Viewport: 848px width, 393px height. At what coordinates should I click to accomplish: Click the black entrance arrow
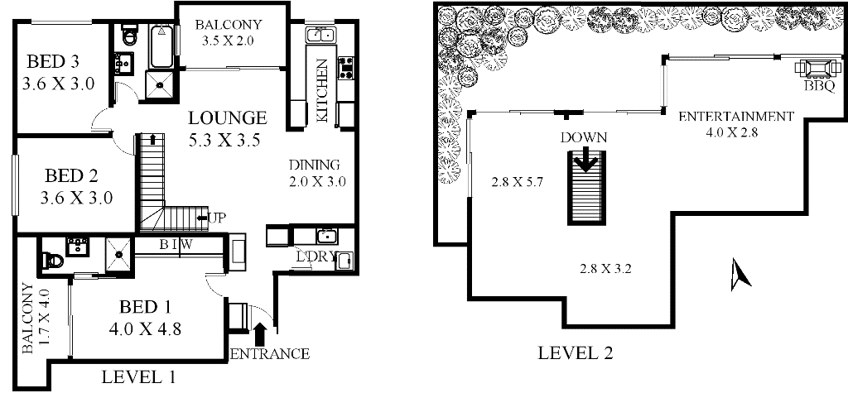coord(260,333)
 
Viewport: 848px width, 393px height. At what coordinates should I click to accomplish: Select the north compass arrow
coord(740,274)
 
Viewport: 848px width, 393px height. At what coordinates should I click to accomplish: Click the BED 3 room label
coord(53,62)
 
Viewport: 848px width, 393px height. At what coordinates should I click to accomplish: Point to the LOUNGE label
coord(227,117)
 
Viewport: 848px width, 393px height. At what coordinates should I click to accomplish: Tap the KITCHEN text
coord(322,90)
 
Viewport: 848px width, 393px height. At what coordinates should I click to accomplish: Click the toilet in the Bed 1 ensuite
coord(54,261)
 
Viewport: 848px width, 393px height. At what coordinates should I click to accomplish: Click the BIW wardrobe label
coord(176,245)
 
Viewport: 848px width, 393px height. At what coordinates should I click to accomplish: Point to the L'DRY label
coord(317,256)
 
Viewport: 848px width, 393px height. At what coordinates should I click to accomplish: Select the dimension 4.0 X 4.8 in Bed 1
coord(146,328)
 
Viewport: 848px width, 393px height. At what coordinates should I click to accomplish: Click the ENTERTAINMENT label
coord(736,116)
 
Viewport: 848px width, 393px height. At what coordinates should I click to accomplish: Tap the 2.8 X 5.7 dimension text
coord(517,183)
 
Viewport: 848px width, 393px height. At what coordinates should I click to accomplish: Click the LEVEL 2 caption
coord(576,353)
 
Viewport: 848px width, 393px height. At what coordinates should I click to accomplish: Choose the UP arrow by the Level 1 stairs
coord(211,218)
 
